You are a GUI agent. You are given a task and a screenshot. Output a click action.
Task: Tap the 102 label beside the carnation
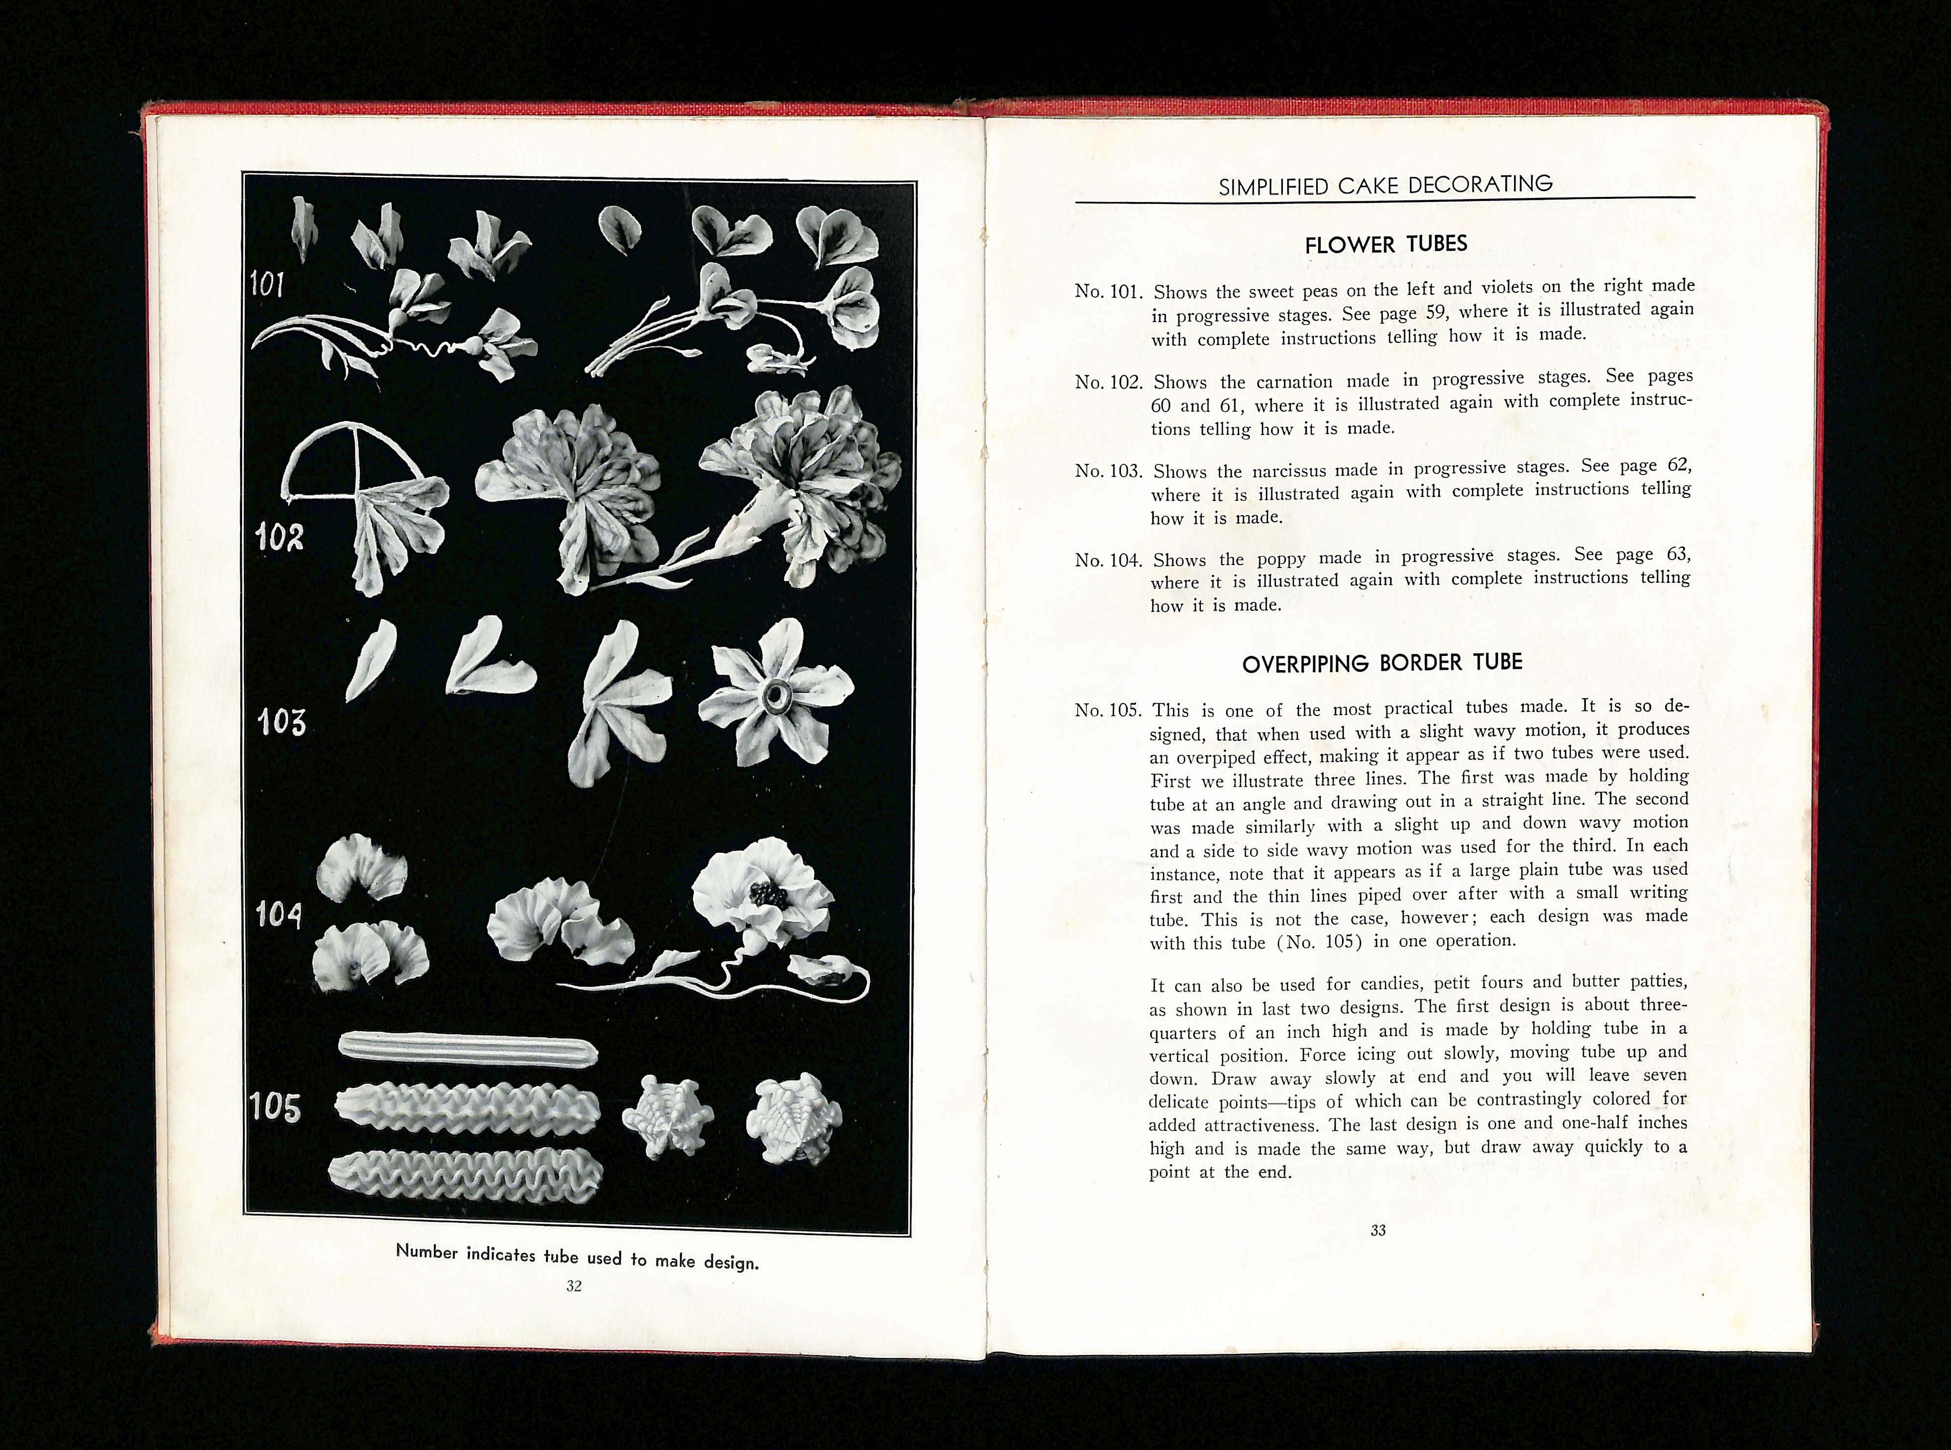point(279,537)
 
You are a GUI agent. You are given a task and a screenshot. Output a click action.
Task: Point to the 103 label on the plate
point(281,723)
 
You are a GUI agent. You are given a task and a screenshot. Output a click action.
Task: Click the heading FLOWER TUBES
point(1386,244)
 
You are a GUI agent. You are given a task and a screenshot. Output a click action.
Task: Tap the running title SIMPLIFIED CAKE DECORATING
point(1386,185)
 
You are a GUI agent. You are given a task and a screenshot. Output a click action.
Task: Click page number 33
point(1378,1231)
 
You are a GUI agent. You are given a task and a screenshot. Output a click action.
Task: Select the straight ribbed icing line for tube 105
point(468,1047)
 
